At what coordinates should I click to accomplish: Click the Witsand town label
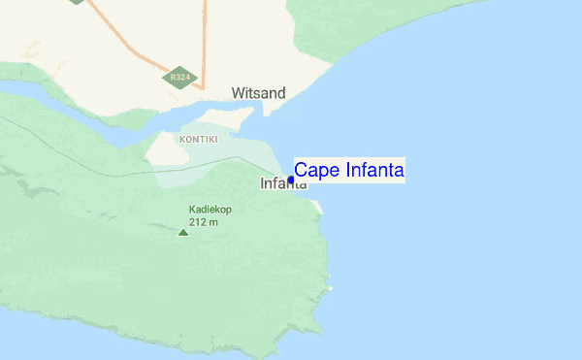click(x=258, y=93)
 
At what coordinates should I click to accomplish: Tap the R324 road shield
click(x=178, y=78)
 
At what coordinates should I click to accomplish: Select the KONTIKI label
click(x=198, y=140)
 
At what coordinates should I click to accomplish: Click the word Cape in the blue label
click(x=316, y=171)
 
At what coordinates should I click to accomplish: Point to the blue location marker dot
click(x=291, y=180)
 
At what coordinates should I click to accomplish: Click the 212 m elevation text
click(x=203, y=222)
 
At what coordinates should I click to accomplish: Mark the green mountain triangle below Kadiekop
click(x=183, y=232)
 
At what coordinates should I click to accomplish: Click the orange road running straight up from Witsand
click(x=204, y=39)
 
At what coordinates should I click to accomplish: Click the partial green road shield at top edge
click(x=77, y=2)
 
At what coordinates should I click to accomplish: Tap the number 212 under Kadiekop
click(x=198, y=222)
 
